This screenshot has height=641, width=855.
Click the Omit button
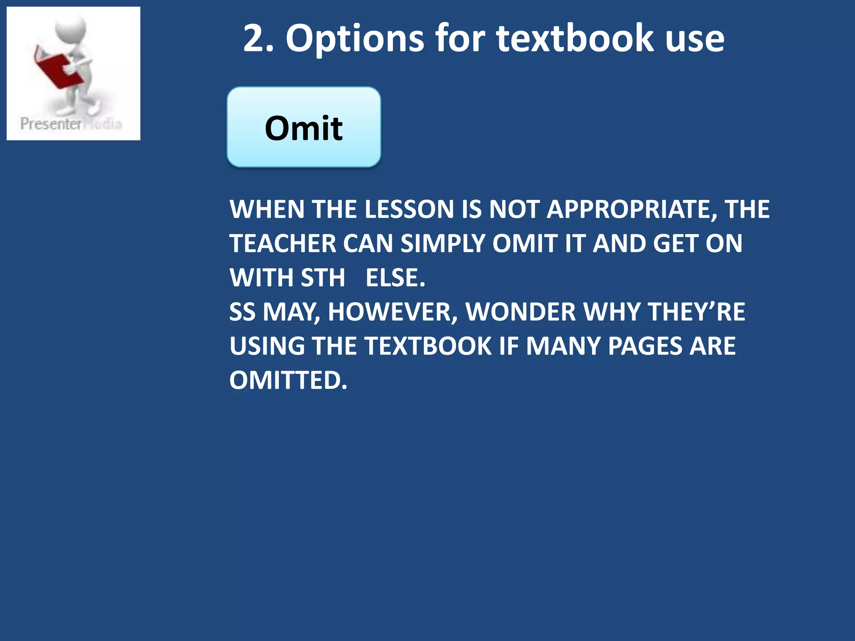click(x=304, y=127)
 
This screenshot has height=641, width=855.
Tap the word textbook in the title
click(x=575, y=38)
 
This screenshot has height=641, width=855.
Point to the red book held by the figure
click(x=54, y=69)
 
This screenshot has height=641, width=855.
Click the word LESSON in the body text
click(x=409, y=209)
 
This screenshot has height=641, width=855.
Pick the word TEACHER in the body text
click(x=283, y=243)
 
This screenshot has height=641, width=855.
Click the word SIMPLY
click(x=443, y=243)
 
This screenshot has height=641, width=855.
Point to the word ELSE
click(x=395, y=278)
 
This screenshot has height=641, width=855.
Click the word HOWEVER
click(x=392, y=312)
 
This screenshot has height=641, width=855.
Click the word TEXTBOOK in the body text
click(x=428, y=346)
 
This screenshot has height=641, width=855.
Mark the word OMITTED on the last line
click(x=288, y=380)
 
